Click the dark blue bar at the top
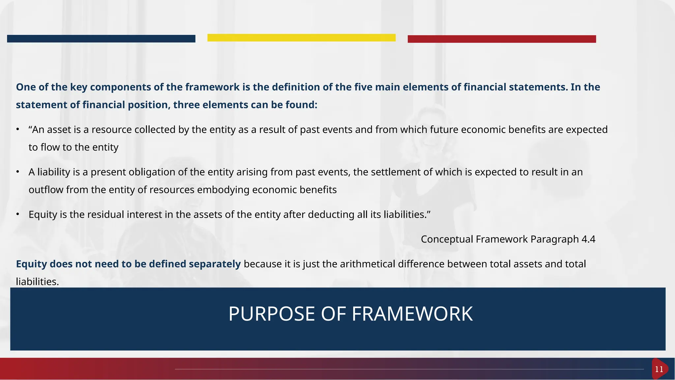click(x=101, y=39)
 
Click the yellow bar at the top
click(x=301, y=38)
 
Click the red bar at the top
click(x=502, y=39)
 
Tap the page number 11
click(x=659, y=369)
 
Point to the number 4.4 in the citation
click(x=588, y=239)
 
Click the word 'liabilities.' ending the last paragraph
click(x=37, y=282)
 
